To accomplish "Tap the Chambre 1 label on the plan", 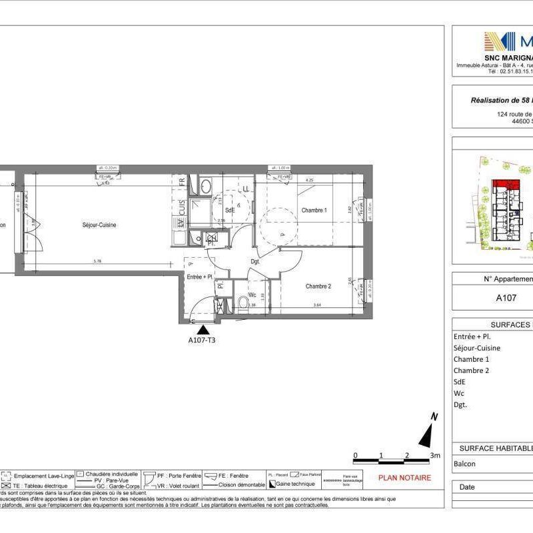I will pyautogui.click(x=314, y=211).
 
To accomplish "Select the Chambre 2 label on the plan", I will pyautogui.click(x=318, y=286).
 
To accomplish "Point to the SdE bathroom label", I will pyautogui.click(x=229, y=209).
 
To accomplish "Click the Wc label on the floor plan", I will pyautogui.click(x=252, y=294).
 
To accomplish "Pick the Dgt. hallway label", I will pyautogui.click(x=255, y=261).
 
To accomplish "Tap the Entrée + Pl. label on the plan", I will pyautogui.click(x=199, y=276).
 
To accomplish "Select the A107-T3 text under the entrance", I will pyautogui.click(x=203, y=339).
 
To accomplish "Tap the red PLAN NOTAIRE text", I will pyautogui.click(x=405, y=478).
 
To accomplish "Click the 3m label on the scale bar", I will pyautogui.click(x=435, y=456).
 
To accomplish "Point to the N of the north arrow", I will pyautogui.click(x=434, y=417).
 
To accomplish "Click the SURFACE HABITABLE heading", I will pyautogui.click(x=493, y=448).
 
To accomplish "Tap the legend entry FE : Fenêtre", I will pyautogui.click(x=231, y=476).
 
